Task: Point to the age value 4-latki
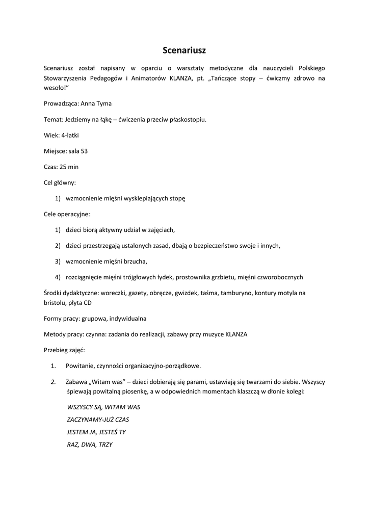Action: [70, 136]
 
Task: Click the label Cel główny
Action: [60, 182]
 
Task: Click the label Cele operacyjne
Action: [67, 214]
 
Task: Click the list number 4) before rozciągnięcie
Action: [58, 277]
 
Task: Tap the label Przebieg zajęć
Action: [65, 350]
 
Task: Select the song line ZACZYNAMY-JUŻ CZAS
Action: [98, 420]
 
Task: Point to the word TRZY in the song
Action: [104, 445]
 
